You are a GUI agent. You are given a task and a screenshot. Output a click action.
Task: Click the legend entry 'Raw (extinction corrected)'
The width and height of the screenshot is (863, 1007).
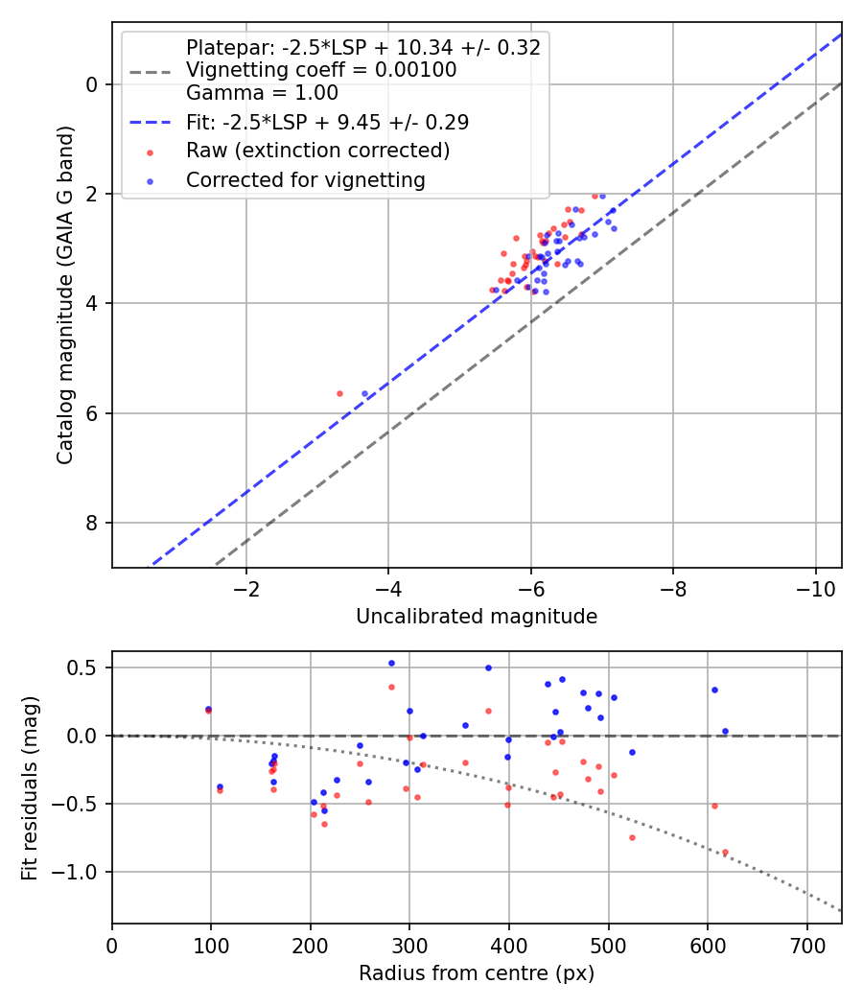pyautogui.click(x=317, y=151)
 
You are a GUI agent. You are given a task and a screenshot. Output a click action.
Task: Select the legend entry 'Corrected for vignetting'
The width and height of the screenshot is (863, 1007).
pyautogui.click(x=306, y=179)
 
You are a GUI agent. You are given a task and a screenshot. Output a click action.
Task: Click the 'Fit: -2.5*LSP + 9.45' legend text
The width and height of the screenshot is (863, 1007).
pyautogui.click(x=327, y=122)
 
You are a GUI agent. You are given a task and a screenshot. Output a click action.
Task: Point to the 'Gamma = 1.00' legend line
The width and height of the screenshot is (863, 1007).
pyautogui.click(x=262, y=93)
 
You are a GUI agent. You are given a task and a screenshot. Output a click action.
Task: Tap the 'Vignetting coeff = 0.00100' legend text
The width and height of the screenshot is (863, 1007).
pyautogui.click(x=321, y=70)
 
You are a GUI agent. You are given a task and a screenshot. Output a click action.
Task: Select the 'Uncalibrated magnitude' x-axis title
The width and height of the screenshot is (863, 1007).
pyautogui.click(x=477, y=617)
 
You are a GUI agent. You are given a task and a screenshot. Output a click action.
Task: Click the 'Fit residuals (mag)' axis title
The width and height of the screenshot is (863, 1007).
pyautogui.click(x=30, y=787)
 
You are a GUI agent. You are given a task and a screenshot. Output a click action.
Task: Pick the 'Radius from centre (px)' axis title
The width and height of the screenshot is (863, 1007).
pyautogui.click(x=477, y=973)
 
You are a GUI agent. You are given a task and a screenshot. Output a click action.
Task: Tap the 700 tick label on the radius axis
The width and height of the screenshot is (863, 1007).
pyautogui.click(x=806, y=944)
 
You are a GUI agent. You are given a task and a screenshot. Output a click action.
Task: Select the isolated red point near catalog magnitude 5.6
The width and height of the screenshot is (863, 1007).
pyautogui.click(x=339, y=393)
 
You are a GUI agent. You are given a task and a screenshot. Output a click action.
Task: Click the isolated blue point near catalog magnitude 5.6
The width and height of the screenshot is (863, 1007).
pyautogui.click(x=364, y=393)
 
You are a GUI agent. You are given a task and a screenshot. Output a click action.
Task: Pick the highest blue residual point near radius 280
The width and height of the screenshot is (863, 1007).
pyautogui.click(x=391, y=663)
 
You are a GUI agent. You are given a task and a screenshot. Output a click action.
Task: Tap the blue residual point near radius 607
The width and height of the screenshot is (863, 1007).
pyautogui.click(x=714, y=690)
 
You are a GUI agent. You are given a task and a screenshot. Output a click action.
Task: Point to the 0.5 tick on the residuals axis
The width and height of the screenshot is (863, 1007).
pyautogui.click(x=87, y=667)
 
